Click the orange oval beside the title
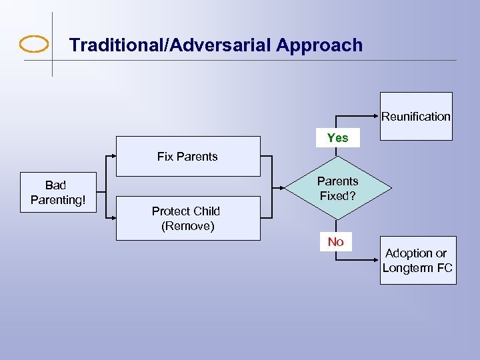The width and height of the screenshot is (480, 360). [34, 45]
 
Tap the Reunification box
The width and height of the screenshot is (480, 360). [416, 116]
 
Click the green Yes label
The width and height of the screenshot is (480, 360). [338, 138]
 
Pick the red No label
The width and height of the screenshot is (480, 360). [335, 242]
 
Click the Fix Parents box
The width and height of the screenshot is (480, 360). [187, 157]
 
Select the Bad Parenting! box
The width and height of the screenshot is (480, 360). [58, 193]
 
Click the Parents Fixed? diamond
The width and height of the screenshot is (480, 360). [337, 189]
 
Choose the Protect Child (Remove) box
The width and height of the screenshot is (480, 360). [187, 218]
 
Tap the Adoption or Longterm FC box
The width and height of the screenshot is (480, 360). [417, 261]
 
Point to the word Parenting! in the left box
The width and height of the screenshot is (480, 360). [58, 200]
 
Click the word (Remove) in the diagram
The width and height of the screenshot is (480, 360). [187, 226]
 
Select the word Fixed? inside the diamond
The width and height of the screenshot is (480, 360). [337, 196]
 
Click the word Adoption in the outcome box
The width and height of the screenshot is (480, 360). [407, 253]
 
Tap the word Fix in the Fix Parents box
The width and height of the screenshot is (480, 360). [165, 157]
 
